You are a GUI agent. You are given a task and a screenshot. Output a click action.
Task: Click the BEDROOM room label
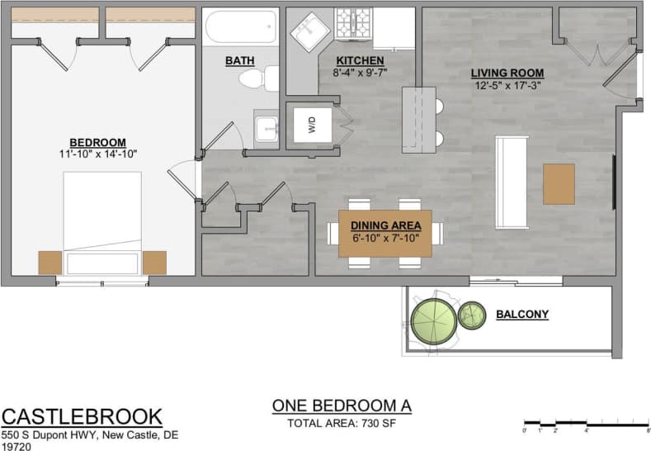[x=97, y=141]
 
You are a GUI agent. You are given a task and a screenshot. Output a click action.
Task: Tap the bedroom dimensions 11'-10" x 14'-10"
[x=97, y=154]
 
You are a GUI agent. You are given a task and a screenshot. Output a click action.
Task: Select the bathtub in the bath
[x=241, y=28]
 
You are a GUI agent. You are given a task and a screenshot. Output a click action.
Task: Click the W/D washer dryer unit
[x=312, y=126]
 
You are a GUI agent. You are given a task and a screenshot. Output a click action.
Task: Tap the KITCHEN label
[x=359, y=61]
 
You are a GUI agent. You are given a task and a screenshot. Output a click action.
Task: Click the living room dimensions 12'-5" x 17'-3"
[x=507, y=85]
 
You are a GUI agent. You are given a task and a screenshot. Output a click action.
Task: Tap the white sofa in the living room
[x=511, y=183]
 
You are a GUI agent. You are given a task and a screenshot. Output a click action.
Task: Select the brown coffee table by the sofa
[x=559, y=183]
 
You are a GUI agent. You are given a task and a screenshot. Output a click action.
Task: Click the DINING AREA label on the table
[x=385, y=225]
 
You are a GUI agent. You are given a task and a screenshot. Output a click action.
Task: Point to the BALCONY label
[x=522, y=315]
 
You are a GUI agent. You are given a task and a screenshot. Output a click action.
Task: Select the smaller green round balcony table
[x=472, y=315]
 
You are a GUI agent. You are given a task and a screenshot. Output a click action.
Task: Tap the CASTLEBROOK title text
[x=82, y=416]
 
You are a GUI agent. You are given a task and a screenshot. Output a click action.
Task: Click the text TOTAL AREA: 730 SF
[x=341, y=424]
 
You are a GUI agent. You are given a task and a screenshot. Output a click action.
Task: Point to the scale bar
[x=586, y=423]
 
